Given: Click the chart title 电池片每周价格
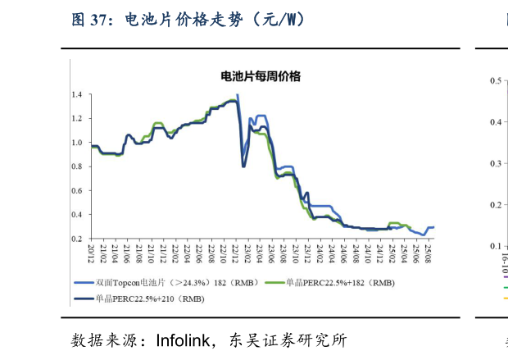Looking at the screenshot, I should (x=261, y=76).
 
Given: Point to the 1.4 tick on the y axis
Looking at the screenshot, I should (x=76, y=95).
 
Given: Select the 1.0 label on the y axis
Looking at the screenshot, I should (x=76, y=143).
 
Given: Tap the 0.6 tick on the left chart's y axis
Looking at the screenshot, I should (x=76, y=190).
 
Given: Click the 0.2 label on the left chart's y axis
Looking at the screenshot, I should (x=76, y=238).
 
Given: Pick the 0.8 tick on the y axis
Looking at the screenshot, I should (x=76, y=166).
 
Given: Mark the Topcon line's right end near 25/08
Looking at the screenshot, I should (x=433, y=226).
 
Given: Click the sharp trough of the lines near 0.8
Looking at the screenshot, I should (x=243, y=166).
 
